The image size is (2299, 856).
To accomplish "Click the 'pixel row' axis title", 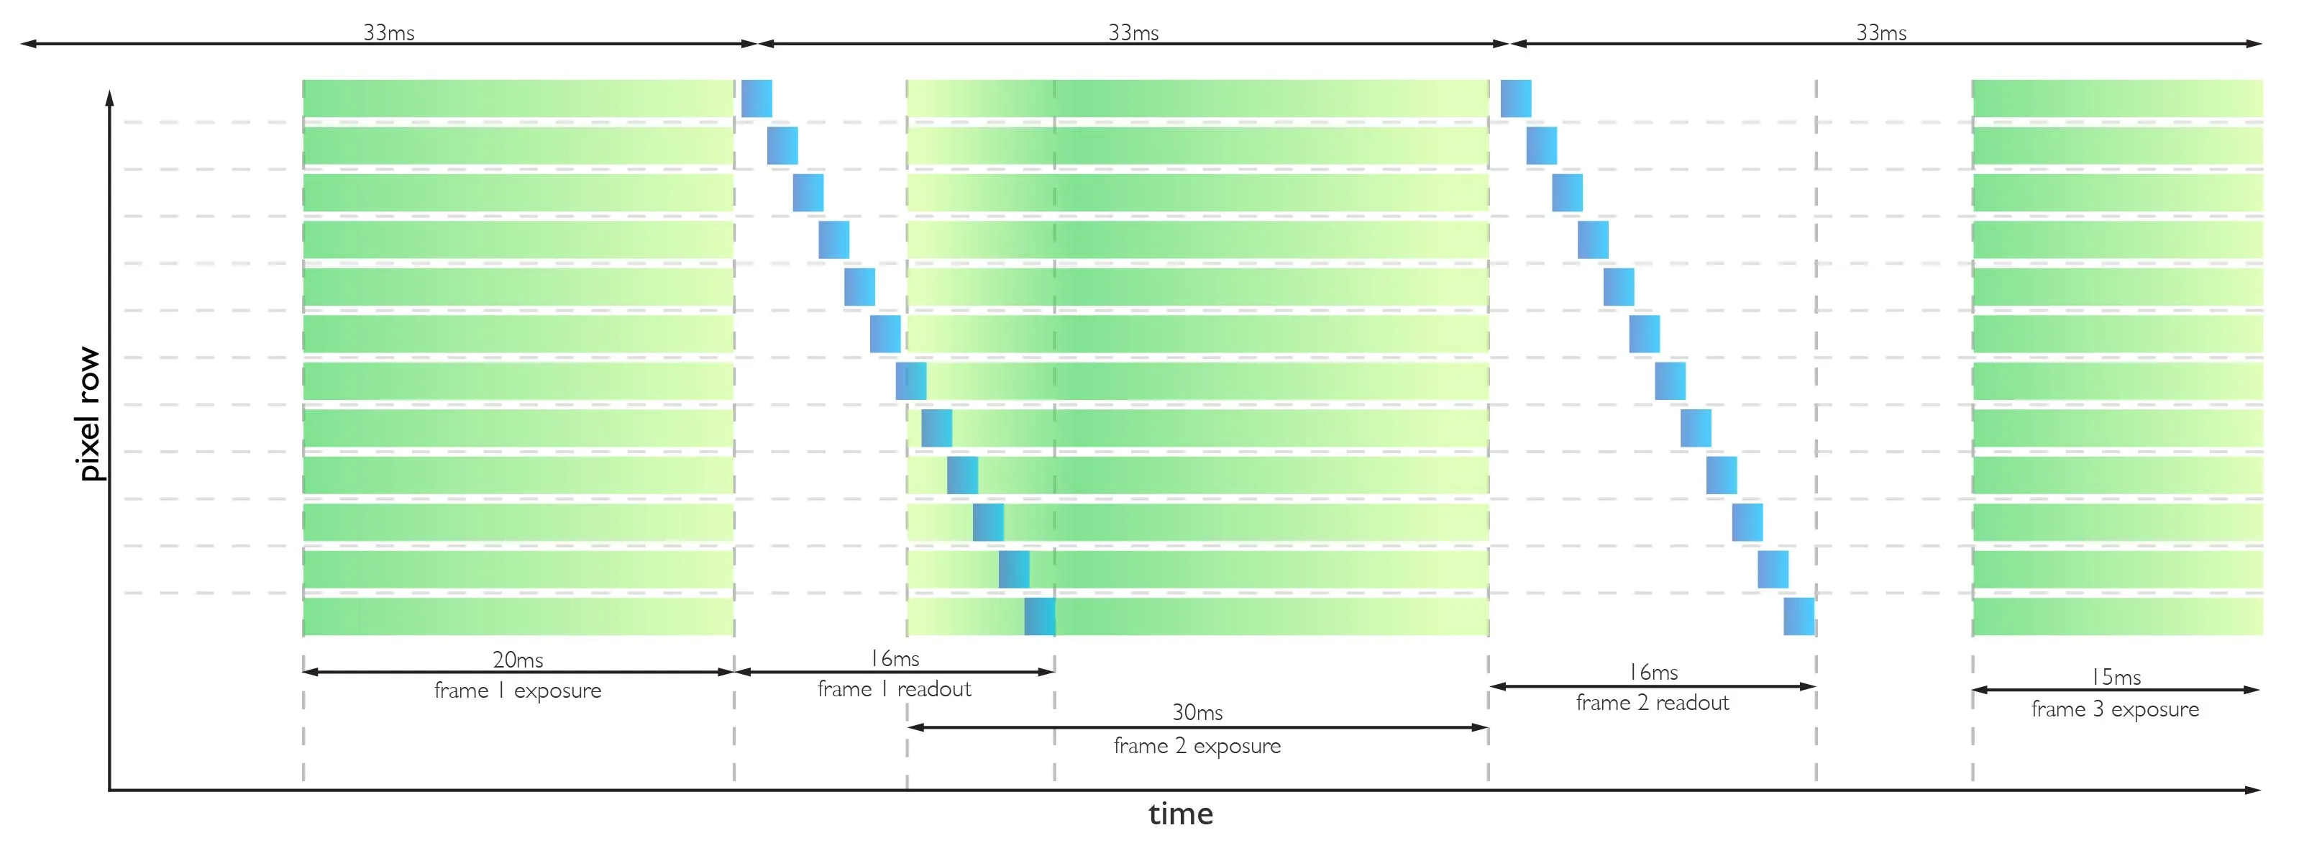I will click(89, 414).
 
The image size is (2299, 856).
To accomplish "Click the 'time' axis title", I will click(1180, 814).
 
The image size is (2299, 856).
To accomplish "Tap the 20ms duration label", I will click(518, 660).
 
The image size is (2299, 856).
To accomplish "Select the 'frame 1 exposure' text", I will click(518, 690).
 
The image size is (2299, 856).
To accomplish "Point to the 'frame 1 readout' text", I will click(895, 689).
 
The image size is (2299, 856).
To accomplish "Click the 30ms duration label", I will click(1197, 712).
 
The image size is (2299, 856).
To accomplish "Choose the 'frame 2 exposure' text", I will click(1197, 745).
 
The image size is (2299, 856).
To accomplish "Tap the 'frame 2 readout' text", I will click(1652, 703).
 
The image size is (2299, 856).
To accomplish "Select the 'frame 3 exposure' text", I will click(2115, 709).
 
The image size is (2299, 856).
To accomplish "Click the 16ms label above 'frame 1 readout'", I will click(895, 659).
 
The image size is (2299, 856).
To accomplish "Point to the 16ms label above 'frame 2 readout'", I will click(1653, 672).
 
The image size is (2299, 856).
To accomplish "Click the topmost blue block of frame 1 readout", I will click(757, 98).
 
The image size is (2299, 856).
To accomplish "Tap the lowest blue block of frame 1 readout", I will click(1040, 616).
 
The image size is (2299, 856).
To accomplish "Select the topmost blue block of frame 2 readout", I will click(1515, 98).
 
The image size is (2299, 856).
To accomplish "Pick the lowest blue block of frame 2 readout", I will click(1798, 616).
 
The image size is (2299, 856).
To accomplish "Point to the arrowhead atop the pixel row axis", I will click(110, 96).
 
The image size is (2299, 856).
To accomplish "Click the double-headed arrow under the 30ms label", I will click(1197, 727).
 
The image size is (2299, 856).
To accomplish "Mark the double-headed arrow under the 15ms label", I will click(2115, 690).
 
